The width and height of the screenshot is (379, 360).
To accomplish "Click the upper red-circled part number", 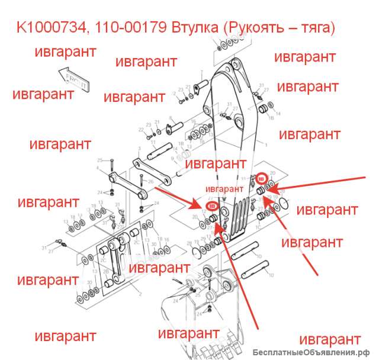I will point(262,178).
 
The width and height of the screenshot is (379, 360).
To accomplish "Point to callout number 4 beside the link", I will point(98,168).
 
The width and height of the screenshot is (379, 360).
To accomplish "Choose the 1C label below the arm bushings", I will point(259,227).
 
